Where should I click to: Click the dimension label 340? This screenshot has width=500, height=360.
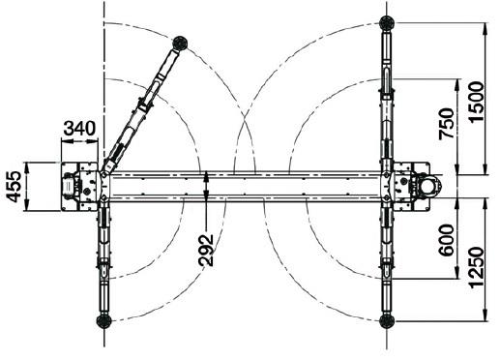[79, 128]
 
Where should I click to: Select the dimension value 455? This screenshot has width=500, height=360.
[15, 187]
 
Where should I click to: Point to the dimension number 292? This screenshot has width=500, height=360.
[206, 250]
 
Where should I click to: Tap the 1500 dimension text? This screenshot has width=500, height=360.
[477, 102]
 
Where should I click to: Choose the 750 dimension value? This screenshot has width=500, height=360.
[447, 124]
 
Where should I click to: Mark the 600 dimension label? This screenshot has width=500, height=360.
[447, 240]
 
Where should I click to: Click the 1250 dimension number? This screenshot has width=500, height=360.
[477, 267]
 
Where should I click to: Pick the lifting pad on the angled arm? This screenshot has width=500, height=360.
[180, 44]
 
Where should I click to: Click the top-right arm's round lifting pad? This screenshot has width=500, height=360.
[387, 23]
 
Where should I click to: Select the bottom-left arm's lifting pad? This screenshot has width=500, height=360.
[104, 321]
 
